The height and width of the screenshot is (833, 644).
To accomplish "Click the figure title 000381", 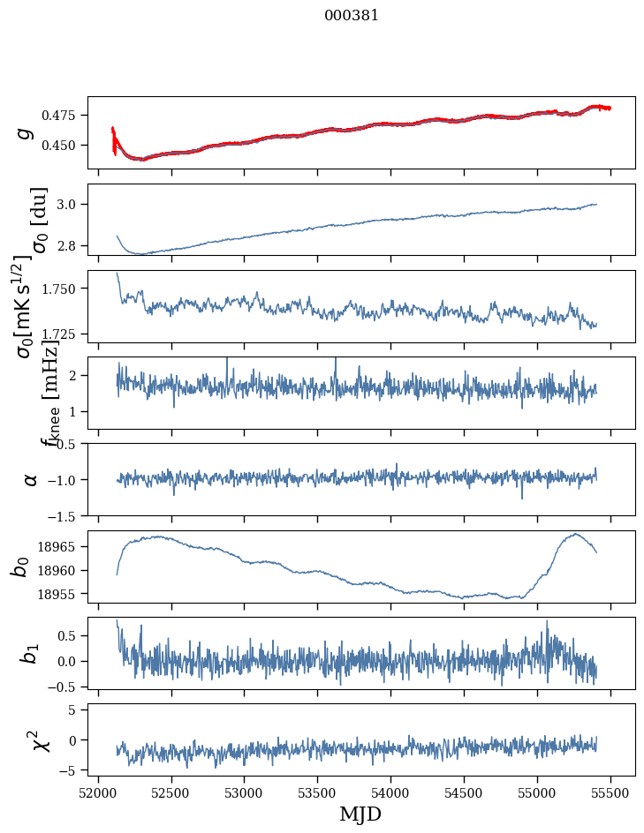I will (352, 15).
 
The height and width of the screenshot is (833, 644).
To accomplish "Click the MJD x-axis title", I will (360, 814).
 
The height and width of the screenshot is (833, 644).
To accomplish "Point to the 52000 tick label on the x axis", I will (98, 792).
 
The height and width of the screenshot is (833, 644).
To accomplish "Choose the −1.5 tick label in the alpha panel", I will (67, 515).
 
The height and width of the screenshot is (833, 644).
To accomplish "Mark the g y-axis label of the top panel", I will (25, 132).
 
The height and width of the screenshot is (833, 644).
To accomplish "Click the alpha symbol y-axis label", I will (30, 479).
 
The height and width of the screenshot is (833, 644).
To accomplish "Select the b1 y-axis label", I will (28, 653).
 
